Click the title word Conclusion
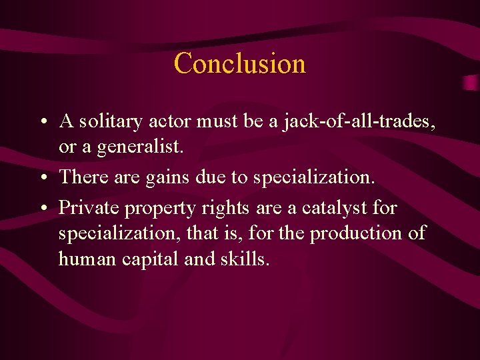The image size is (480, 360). click(239, 63)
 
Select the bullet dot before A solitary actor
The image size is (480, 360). click(42, 123)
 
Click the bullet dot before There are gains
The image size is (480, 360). click(42, 177)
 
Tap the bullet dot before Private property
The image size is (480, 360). click(42, 209)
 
